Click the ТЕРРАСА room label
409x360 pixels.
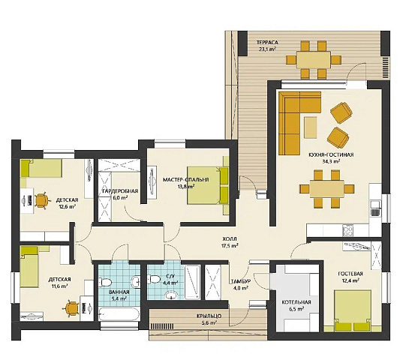[x=267, y=42]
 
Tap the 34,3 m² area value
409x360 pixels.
[x=331, y=161]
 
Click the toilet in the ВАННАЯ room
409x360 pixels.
[x=105, y=282]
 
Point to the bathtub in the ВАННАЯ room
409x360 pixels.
[x=119, y=314]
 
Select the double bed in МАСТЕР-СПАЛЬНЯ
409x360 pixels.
[x=208, y=185]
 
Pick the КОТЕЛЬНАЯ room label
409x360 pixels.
[x=296, y=302]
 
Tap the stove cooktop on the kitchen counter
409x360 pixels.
[x=347, y=230]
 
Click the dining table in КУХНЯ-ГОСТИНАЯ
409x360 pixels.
[x=327, y=189]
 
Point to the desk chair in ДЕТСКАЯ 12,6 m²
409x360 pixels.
[x=42, y=201]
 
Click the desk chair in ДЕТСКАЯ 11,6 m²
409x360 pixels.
[x=71, y=308]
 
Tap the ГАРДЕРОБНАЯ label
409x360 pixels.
[x=120, y=191]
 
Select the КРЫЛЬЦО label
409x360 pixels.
[x=209, y=316]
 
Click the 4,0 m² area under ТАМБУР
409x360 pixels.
[x=240, y=288]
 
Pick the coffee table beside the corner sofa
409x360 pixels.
[x=311, y=127]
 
